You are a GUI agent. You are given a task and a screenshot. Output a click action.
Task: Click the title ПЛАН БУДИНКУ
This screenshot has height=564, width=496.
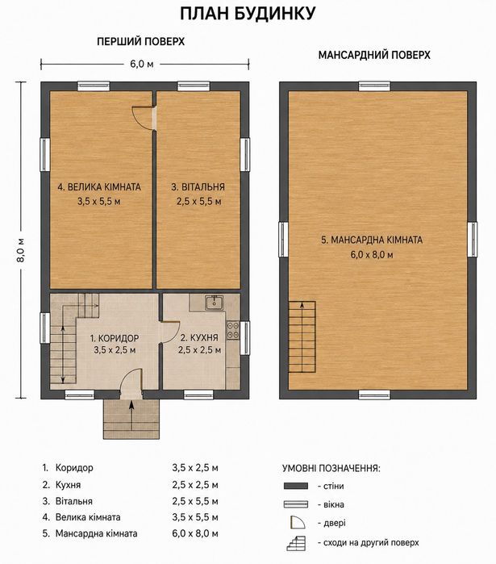click(x=248, y=14)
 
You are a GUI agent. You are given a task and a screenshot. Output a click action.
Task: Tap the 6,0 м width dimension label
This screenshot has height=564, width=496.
click(x=142, y=64)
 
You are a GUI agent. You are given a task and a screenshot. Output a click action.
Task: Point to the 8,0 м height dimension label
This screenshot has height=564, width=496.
click(x=20, y=250)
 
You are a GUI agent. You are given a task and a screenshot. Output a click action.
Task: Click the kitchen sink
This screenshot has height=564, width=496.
click(x=215, y=303)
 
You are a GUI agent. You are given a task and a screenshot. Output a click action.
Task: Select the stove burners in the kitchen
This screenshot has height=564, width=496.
click(x=233, y=330)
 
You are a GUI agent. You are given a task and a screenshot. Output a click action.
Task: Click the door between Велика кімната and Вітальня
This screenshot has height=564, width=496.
click(x=144, y=117)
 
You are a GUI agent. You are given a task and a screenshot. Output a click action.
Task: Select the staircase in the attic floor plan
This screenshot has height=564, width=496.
click(x=302, y=337)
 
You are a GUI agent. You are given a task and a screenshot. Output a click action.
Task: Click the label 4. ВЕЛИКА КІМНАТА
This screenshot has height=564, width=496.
click(x=99, y=187)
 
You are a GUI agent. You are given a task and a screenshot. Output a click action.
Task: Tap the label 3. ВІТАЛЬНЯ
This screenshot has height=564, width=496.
click(x=198, y=187)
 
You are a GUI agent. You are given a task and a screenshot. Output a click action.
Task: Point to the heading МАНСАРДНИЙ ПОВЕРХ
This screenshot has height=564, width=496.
click(x=374, y=55)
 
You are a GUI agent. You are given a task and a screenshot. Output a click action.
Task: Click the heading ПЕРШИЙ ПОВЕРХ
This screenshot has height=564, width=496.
click(x=140, y=41)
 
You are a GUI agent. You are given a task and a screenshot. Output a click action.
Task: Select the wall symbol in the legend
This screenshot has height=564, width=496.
click(x=296, y=486)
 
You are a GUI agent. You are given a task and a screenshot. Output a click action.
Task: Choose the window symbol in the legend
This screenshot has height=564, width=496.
click(x=296, y=504)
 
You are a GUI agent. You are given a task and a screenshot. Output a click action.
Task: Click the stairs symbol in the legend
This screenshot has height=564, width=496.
click(x=296, y=543)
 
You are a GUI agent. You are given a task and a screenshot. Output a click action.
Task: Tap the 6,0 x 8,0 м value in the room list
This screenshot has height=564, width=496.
click(x=195, y=533)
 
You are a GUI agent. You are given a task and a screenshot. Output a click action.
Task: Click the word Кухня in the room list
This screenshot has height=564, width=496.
click(x=68, y=485)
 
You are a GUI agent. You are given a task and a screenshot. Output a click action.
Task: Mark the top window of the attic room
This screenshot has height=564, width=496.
click(x=374, y=86)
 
